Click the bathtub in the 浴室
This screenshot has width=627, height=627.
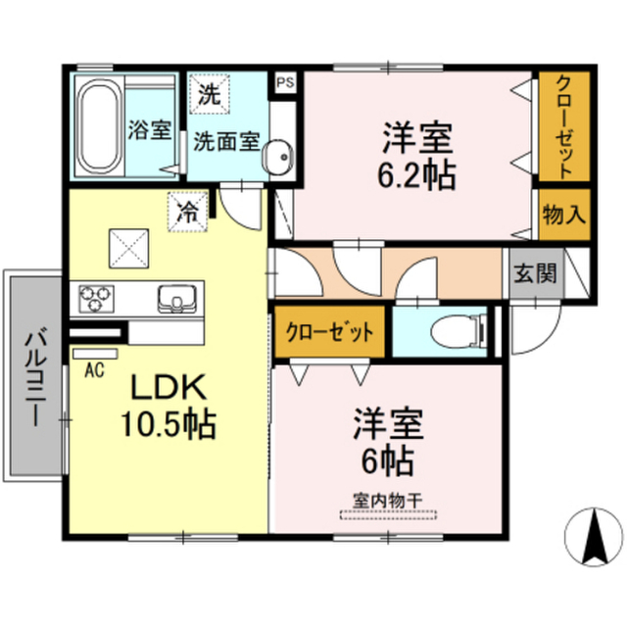point(100,126)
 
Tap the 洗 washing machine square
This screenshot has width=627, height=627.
point(209,94)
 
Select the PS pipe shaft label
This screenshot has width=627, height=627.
point(286,82)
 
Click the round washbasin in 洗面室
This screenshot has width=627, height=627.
point(277,157)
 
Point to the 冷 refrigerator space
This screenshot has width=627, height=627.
point(188,212)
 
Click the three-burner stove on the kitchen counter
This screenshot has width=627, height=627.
point(96,298)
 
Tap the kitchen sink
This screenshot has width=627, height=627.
point(177,299)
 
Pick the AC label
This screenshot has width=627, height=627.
point(94,369)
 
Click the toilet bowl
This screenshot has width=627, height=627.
point(458,331)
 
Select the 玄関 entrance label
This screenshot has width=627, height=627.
point(535,274)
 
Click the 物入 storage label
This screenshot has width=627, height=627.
point(564,215)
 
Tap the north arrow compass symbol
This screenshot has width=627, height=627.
point(594,537)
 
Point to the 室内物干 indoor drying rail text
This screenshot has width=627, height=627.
point(388,501)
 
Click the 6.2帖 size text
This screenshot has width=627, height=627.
point(416,175)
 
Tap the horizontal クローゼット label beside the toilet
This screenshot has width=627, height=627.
point(329,332)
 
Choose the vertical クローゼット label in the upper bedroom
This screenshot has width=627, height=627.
point(564,126)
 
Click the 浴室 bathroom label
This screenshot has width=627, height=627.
point(150,130)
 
